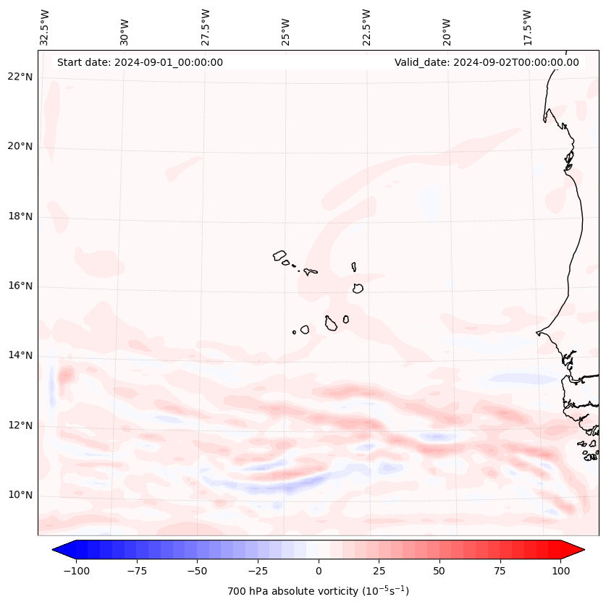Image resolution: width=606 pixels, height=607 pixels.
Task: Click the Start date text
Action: pyautogui.click(x=140, y=62)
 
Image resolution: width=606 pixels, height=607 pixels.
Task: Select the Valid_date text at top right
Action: pyautogui.click(x=487, y=62)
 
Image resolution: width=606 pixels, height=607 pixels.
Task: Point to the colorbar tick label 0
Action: pyautogui.click(x=319, y=571)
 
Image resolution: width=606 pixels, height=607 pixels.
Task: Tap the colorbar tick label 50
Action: pyautogui.click(x=439, y=571)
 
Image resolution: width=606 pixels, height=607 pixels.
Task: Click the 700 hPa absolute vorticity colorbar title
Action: pyautogui.click(x=318, y=591)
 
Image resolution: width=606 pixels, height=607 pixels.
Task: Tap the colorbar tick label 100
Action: pyautogui.click(x=560, y=571)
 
